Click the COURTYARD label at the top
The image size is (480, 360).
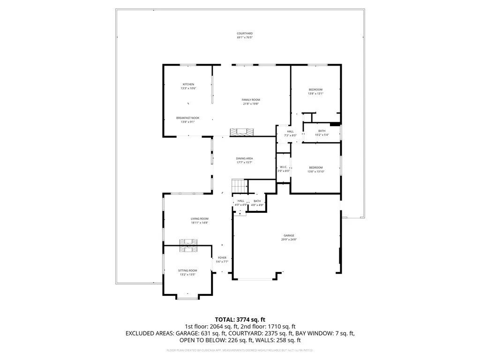pyautogui.click(x=245, y=34)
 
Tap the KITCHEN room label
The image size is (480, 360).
pyautogui.click(x=188, y=84)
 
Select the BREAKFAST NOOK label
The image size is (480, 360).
pyautogui.click(x=187, y=118)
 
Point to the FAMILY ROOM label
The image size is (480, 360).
pyautogui.click(x=251, y=100)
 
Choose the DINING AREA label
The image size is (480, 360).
pyautogui.click(x=244, y=159)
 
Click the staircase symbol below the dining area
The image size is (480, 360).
pyautogui.click(x=239, y=186)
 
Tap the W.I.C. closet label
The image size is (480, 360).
pyautogui.click(x=284, y=167)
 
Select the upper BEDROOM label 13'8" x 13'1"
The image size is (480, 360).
pyautogui.click(x=315, y=90)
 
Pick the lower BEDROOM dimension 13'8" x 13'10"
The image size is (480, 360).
pyautogui.click(x=315, y=172)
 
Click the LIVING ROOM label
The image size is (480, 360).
pyautogui.click(x=199, y=219)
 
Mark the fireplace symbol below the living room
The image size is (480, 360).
pyautogui.click(x=189, y=246)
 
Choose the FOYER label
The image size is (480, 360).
pyautogui.click(x=222, y=258)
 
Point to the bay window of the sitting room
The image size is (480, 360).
pyautogui.click(x=187, y=297)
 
